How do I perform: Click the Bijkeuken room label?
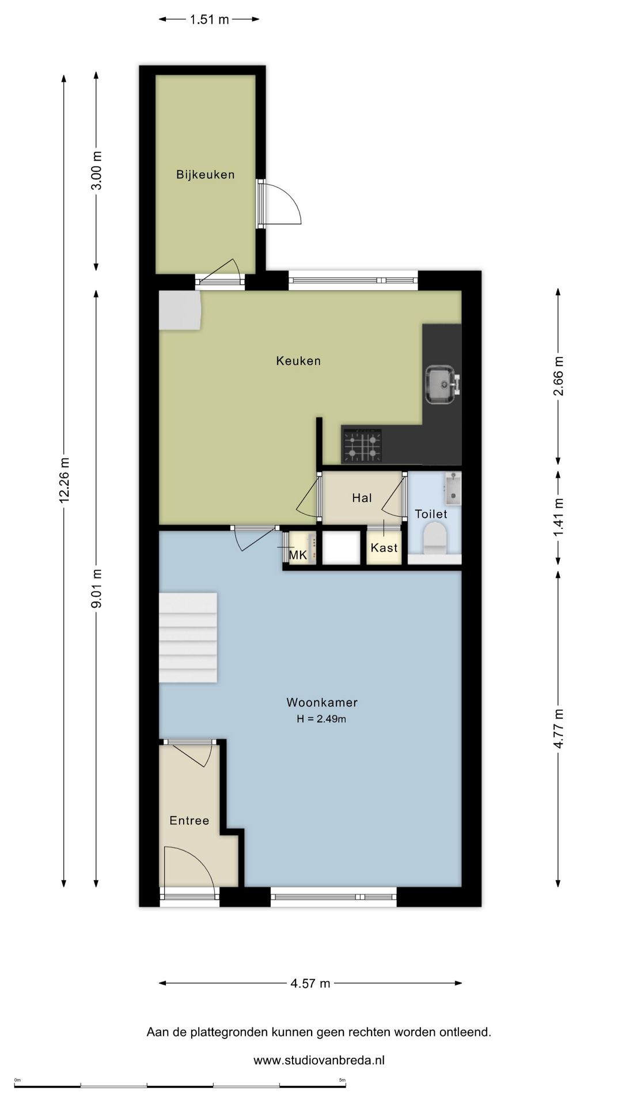(206, 174)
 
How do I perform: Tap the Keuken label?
(298, 361)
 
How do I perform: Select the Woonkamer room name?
(322, 702)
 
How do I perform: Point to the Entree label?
(189, 821)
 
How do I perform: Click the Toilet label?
(431, 514)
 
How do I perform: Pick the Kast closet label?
(384, 547)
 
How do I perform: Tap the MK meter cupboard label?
(298, 555)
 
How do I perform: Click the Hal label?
(362, 498)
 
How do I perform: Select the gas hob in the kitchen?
(362, 445)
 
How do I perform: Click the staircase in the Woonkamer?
(188, 638)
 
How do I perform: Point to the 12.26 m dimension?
(64, 480)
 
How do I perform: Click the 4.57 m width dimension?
(310, 983)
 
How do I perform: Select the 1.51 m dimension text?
(210, 20)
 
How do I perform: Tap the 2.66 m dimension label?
(558, 376)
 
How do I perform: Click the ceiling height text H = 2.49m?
(321, 719)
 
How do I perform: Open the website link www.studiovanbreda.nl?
(319, 1060)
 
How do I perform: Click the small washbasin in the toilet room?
(453, 488)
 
